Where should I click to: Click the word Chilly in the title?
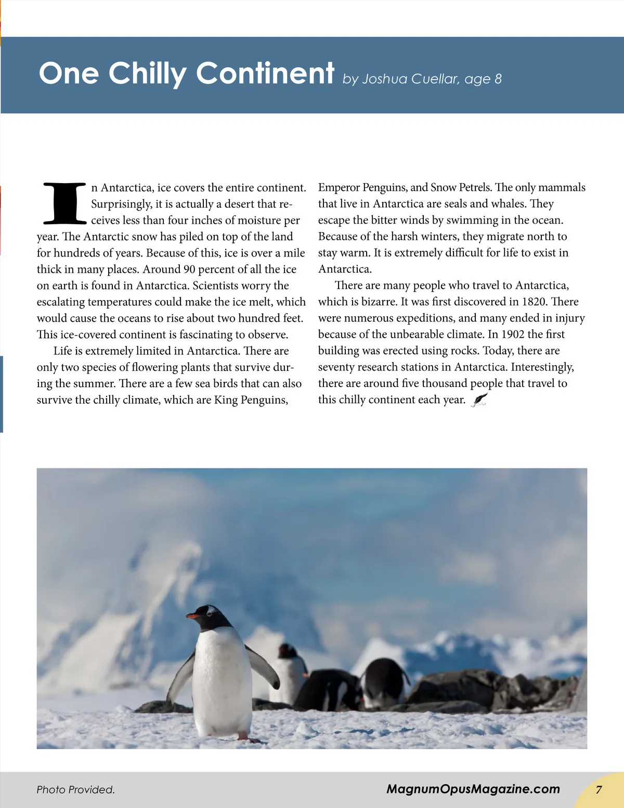(x=147, y=73)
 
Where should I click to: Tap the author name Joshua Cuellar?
(x=410, y=79)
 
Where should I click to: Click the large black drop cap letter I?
(x=64, y=203)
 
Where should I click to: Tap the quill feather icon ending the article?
(x=479, y=400)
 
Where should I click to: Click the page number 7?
(x=599, y=790)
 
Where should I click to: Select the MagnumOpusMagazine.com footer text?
(x=473, y=789)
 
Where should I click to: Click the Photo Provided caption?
(x=75, y=790)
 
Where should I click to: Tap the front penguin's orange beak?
(x=193, y=616)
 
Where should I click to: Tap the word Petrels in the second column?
(x=471, y=187)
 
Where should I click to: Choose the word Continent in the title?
(x=265, y=73)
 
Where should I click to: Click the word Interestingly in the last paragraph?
(x=542, y=367)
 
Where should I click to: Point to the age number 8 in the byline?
(x=498, y=79)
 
